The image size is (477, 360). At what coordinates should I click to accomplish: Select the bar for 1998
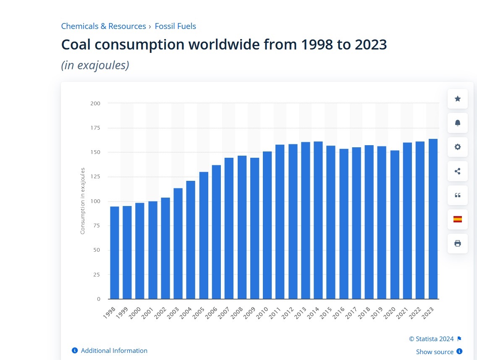click(x=115, y=253)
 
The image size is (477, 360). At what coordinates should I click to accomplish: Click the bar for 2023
click(x=433, y=219)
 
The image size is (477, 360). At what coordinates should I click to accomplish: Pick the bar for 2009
click(x=255, y=228)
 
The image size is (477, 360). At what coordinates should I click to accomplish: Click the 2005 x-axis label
click(x=198, y=313)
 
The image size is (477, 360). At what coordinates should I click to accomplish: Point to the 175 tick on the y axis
click(x=95, y=128)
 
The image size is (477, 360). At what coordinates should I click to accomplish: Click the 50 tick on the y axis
click(x=97, y=250)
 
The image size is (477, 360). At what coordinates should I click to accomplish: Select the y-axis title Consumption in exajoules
click(x=83, y=201)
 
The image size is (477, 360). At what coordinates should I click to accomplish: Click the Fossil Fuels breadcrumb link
click(x=175, y=26)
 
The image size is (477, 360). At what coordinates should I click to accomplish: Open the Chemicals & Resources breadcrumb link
click(x=103, y=26)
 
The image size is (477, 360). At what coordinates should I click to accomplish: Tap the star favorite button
click(x=458, y=99)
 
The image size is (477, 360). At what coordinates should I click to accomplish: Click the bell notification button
click(x=458, y=123)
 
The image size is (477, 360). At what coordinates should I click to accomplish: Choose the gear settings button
click(x=458, y=147)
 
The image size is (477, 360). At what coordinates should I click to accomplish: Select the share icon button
click(x=458, y=171)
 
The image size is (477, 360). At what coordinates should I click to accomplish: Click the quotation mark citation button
click(x=458, y=195)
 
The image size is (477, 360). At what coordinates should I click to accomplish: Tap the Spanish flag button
click(x=458, y=219)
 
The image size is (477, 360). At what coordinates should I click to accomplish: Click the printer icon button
click(x=458, y=243)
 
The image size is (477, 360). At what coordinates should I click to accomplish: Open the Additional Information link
click(x=114, y=350)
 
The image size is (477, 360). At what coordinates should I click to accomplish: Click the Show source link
click(x=435, y=352)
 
